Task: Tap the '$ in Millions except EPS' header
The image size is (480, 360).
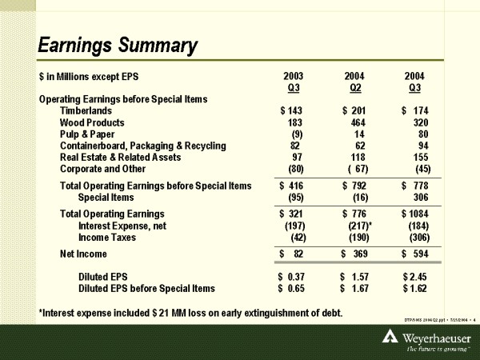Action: coord(89,76)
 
